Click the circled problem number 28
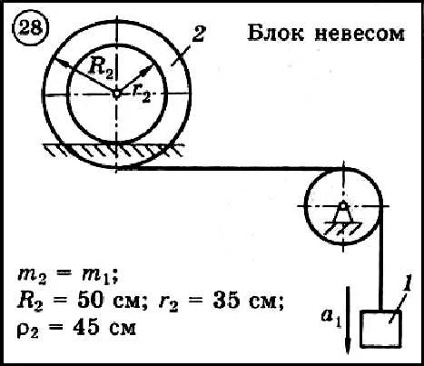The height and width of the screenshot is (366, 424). [x=31, y=29]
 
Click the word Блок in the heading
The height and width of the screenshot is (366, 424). [x=276, y=33]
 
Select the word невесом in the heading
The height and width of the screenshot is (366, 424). [x=360, y=35]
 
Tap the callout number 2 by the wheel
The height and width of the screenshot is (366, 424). [x=199, y=34]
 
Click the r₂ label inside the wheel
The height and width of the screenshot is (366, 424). [x=142, y=94]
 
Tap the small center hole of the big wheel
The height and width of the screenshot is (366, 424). [x=116, y=94]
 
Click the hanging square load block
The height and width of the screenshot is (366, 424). [x=380, y=329]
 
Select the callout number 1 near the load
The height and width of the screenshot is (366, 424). [x=407, y=285]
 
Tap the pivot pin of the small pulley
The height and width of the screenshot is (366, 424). [x=343, y=206]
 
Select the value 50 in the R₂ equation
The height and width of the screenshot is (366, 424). [x=90, y=301]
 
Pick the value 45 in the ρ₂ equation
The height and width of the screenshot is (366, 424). [x=85, y=327]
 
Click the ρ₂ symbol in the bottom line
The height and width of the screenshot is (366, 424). [x=27, y=330]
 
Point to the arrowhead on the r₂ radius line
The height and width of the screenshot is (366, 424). [x=147, y=70]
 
